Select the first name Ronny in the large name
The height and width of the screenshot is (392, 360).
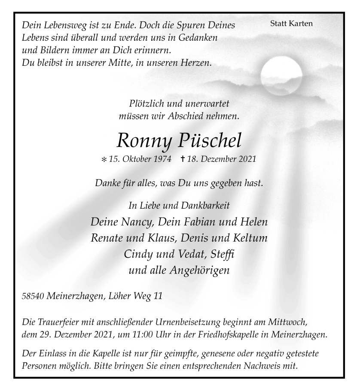click(143, 141)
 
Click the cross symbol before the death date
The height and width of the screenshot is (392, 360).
click(183, 159)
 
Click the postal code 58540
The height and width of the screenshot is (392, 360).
click(33, 296)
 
